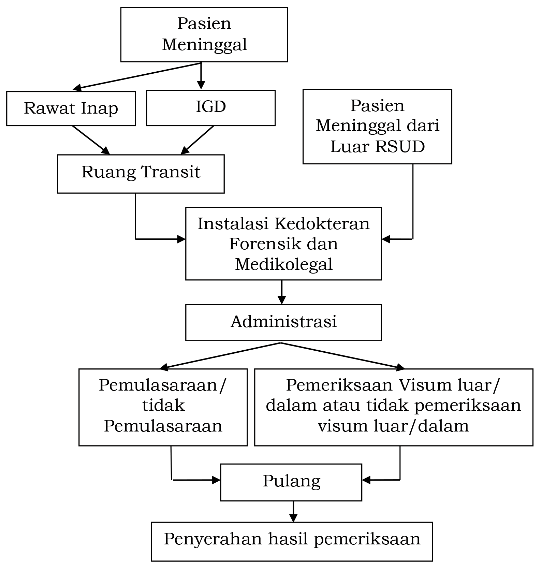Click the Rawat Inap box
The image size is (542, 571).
[x=71, y=108]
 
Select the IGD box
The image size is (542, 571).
[x=210, y=108]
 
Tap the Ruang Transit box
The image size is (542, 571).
[x=141, y=174]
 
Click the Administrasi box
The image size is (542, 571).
[x=283, y=322]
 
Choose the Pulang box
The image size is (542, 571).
[x=291, y=482]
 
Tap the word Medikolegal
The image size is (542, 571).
[x=283, y=264]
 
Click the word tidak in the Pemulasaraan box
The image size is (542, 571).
[x=163, y=405]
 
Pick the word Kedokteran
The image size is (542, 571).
[x=322, y=224]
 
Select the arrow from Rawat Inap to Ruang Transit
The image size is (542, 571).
[x=91, y=140]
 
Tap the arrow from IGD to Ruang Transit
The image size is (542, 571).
[x=197, y=140]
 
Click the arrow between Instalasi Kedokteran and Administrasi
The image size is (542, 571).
[x=282, y=292]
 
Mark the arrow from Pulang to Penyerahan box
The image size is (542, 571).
[x=293, y=511]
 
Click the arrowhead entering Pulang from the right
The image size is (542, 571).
[x=366, y=480]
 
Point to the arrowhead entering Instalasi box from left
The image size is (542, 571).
[x=181, y=239]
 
